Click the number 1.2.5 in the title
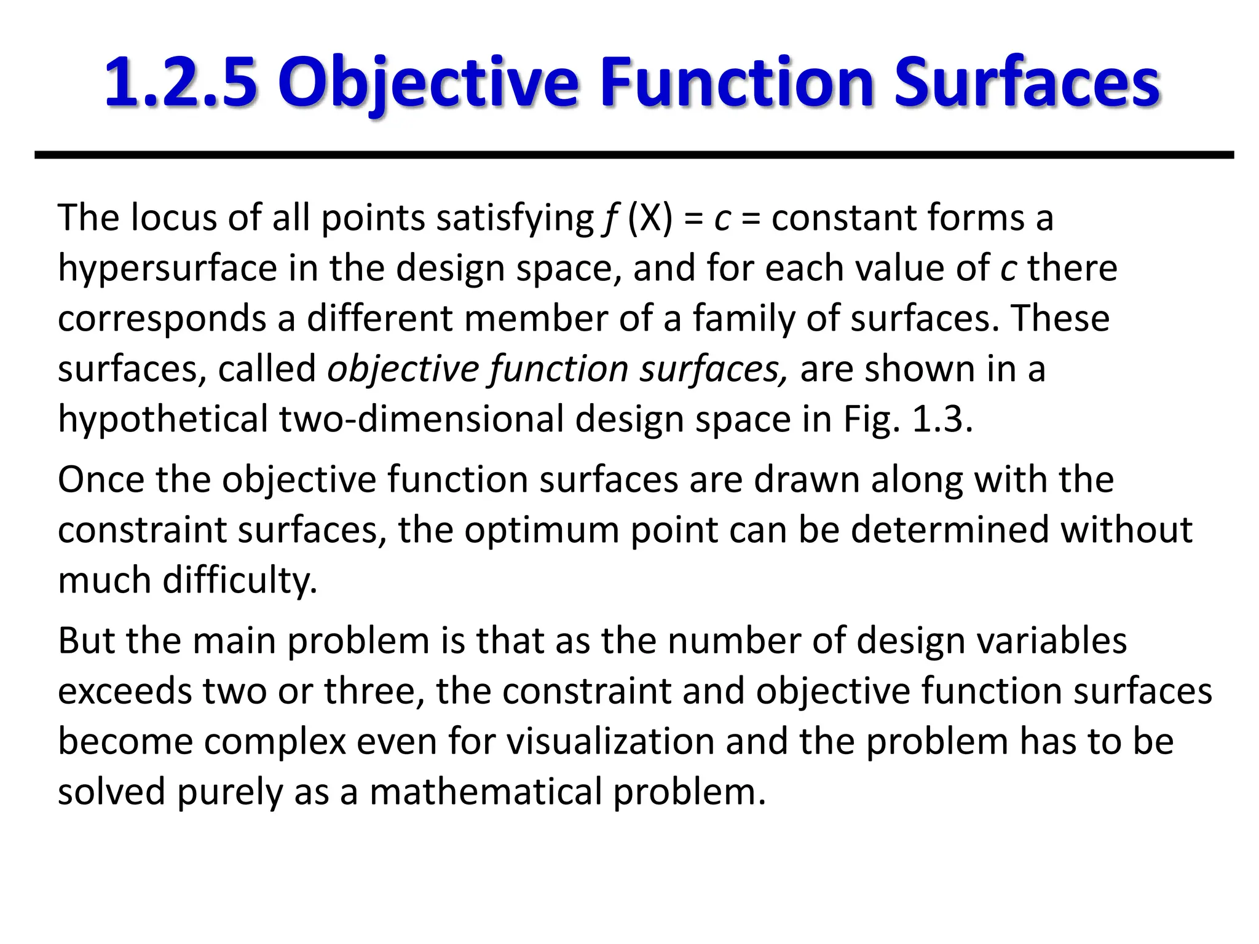tap(181, 82)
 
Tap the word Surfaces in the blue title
tap(1026, 82)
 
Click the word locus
tap(174, 218)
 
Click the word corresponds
tap(162, 319)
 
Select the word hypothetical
tap(163, 420)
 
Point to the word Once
tap(101, 479)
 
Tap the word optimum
tap(541, 530)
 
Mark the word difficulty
tap(240, 581)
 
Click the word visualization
tap(610, 742)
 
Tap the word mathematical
tap(486, 792)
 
